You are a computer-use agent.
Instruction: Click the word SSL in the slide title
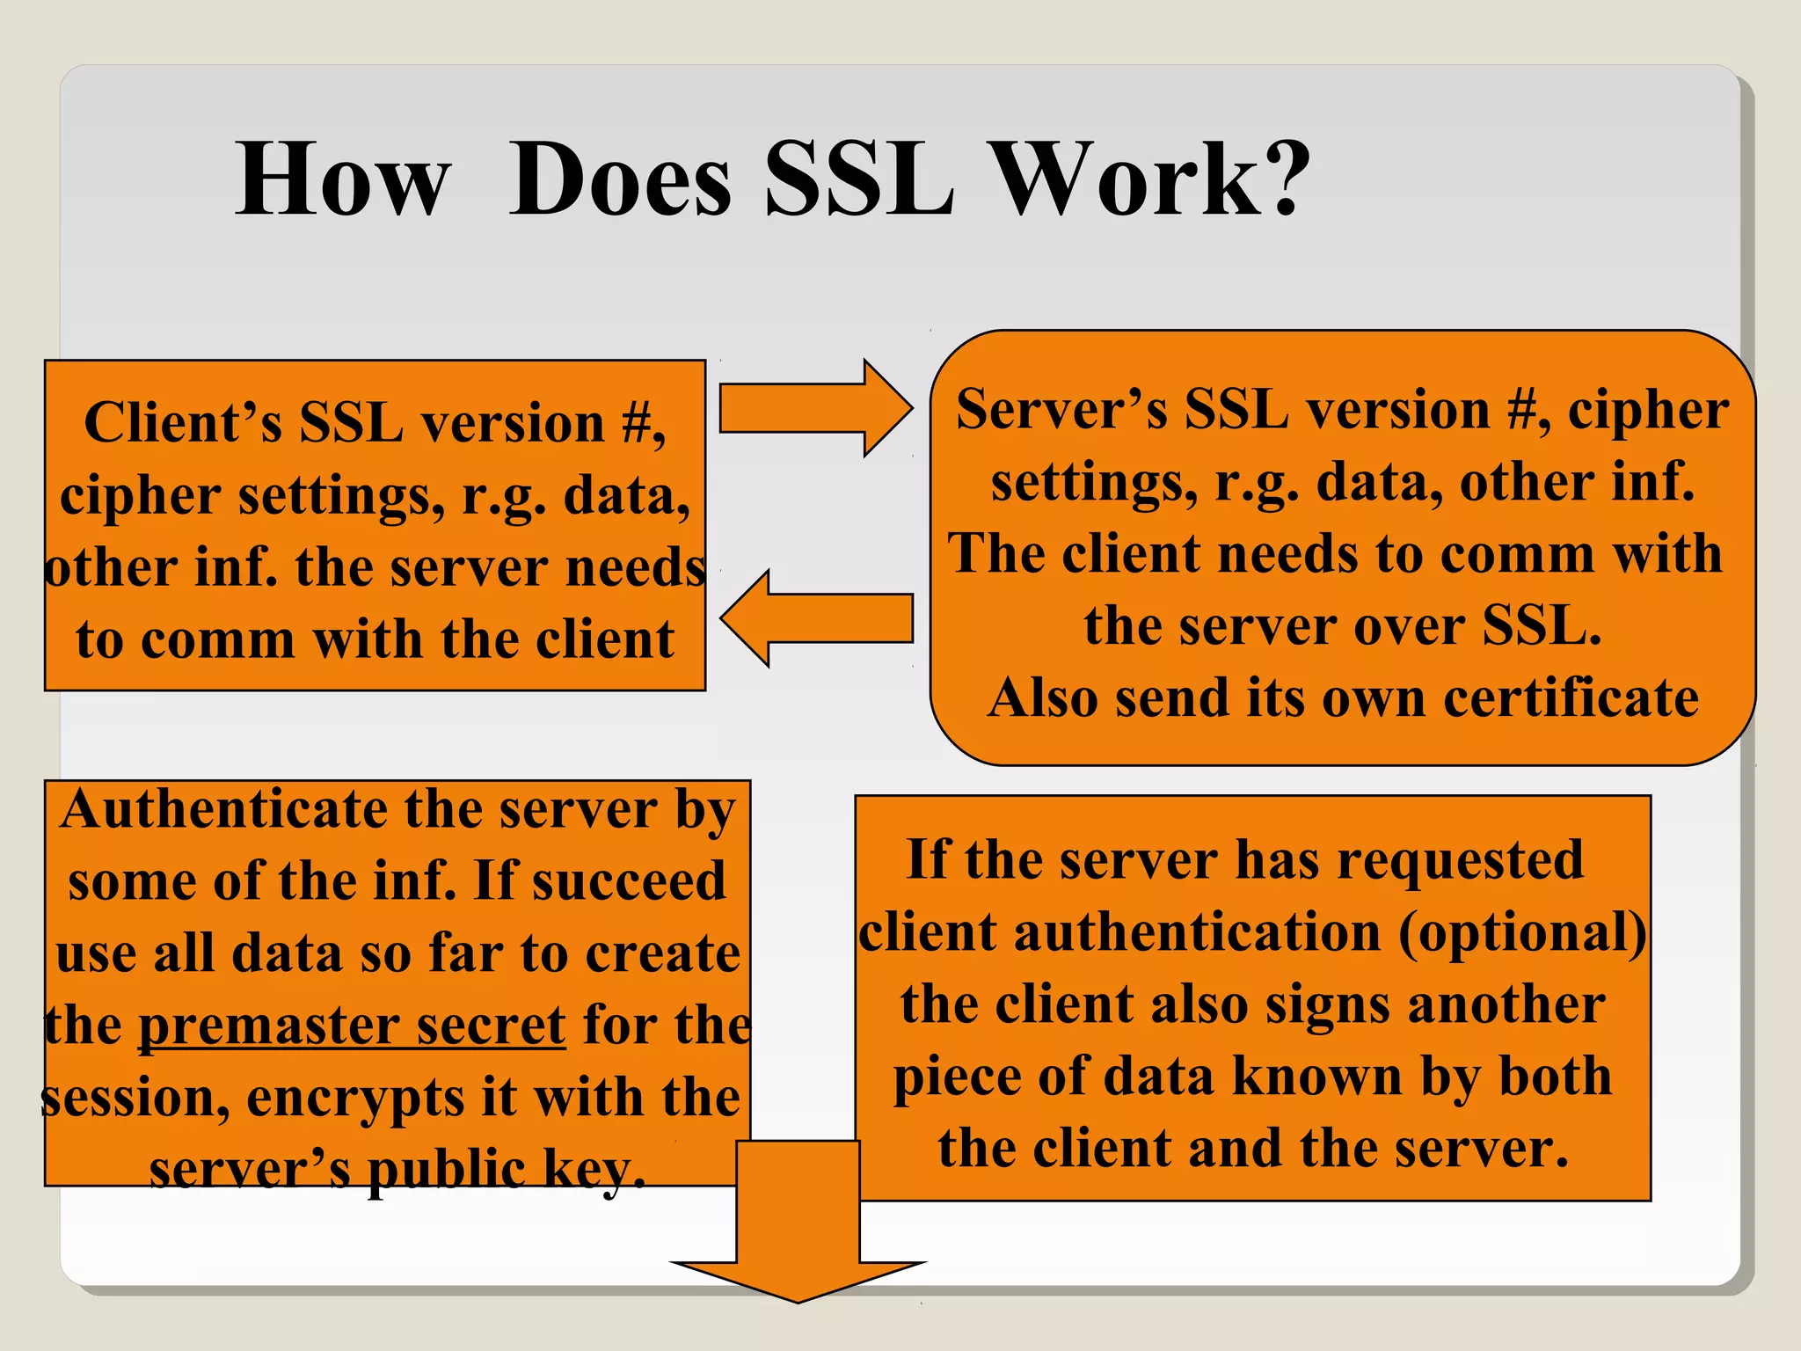click(x=859, y=179)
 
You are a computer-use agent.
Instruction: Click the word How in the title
click(x=342, y=179)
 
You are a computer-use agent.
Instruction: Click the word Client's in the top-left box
click(x=182, y=423)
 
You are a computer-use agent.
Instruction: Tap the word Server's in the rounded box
click(x=1061, y=410)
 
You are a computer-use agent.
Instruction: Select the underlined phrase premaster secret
click(x=352, y=1026)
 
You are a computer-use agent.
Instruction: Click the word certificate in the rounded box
click(x=1571, y=698)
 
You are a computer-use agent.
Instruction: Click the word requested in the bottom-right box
click(x=1460, y=860)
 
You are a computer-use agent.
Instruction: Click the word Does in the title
click(x=620, y=179)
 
